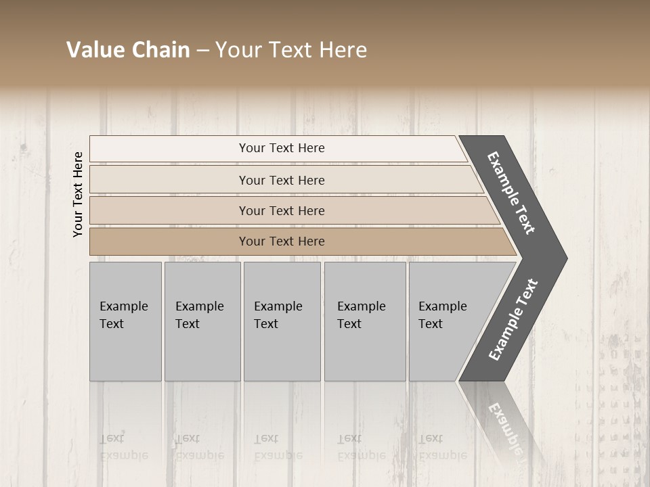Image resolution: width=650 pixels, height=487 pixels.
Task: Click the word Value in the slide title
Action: click(94, 50)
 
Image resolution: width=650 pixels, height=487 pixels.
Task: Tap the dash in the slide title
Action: click(202, 51)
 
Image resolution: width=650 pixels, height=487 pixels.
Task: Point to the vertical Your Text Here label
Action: click(78, 194)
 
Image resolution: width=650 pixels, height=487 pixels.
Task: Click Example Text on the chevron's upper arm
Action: click(511, 193)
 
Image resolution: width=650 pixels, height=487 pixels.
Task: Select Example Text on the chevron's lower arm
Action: click(513, 320)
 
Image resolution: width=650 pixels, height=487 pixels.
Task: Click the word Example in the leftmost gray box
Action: click(123, 306)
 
